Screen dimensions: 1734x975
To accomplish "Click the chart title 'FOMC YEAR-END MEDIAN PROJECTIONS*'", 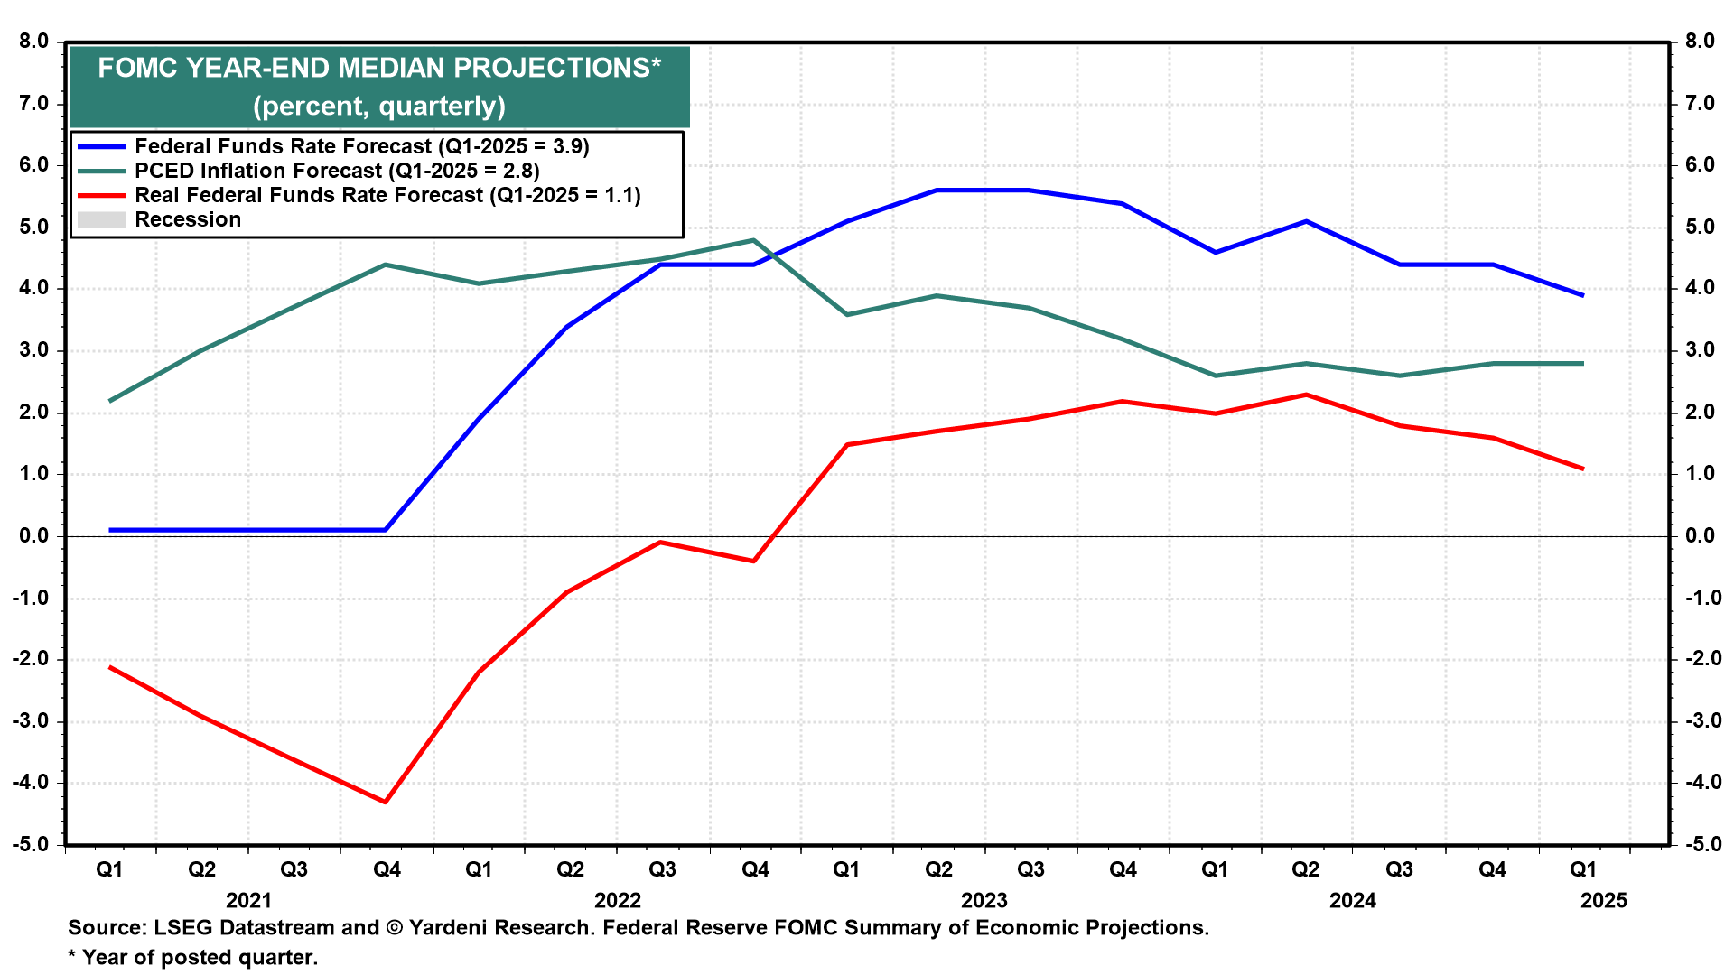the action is point(379,68).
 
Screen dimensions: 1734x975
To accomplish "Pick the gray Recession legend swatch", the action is point(101,219).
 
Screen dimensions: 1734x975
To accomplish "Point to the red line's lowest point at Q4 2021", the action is point(386,802).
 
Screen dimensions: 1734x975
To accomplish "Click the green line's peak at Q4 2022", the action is point(753,240).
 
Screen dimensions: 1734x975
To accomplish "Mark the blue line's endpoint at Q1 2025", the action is point(1582,295).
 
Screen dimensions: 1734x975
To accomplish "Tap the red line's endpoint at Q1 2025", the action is point(1582,469).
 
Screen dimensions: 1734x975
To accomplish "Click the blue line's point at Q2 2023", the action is point(937,190).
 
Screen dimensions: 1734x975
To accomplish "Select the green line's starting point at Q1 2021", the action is point(110,401).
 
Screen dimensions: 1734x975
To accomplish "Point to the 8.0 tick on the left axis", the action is point(33,42).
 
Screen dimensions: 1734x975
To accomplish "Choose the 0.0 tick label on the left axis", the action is point(33,536).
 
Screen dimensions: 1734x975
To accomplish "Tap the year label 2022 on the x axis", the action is point(618,900).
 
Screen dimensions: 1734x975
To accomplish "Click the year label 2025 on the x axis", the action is point(1604,900).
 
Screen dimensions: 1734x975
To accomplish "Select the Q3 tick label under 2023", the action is point(1030,869).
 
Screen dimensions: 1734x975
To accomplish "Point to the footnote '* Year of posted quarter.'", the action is point(193,957).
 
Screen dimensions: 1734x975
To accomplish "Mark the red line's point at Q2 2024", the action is point(1306,395).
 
